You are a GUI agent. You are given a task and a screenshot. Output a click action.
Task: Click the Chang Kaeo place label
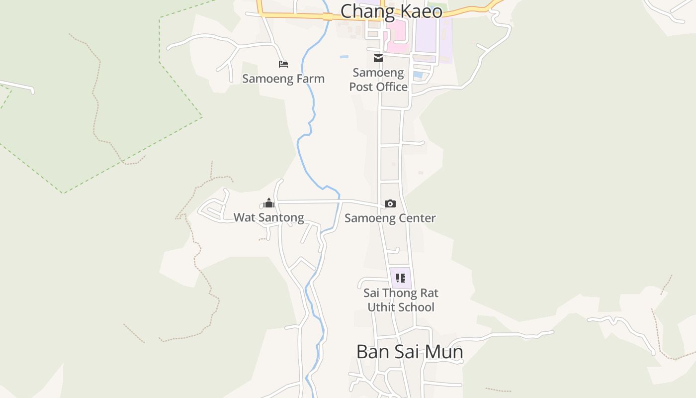tap(391, 10)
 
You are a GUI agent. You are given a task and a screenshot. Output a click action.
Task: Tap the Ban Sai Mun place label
tap(410, 352)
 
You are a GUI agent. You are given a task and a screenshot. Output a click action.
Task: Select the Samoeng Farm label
tap(283, 79)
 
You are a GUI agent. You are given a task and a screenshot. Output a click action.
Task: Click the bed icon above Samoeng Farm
tap(283, 64)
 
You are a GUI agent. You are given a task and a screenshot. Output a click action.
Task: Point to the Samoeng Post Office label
tap(378, 80)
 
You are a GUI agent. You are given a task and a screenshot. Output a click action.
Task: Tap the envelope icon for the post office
tap(378, 58)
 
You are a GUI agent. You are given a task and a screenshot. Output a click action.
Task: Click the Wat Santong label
tap(268, 217)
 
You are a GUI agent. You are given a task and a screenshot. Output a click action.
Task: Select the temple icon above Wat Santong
tap(269, 203)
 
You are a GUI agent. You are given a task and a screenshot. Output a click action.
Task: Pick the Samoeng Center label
tap(390, 218)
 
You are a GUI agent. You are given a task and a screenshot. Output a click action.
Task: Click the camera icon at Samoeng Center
tap(390, 203)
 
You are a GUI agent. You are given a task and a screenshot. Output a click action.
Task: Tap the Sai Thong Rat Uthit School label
tap(401, 300)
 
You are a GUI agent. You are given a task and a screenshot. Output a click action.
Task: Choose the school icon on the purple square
tap(400, 278)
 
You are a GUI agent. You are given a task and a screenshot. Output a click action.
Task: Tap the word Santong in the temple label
tap(282, 217)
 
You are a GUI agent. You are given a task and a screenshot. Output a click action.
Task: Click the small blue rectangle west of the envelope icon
tap(344, 57)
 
